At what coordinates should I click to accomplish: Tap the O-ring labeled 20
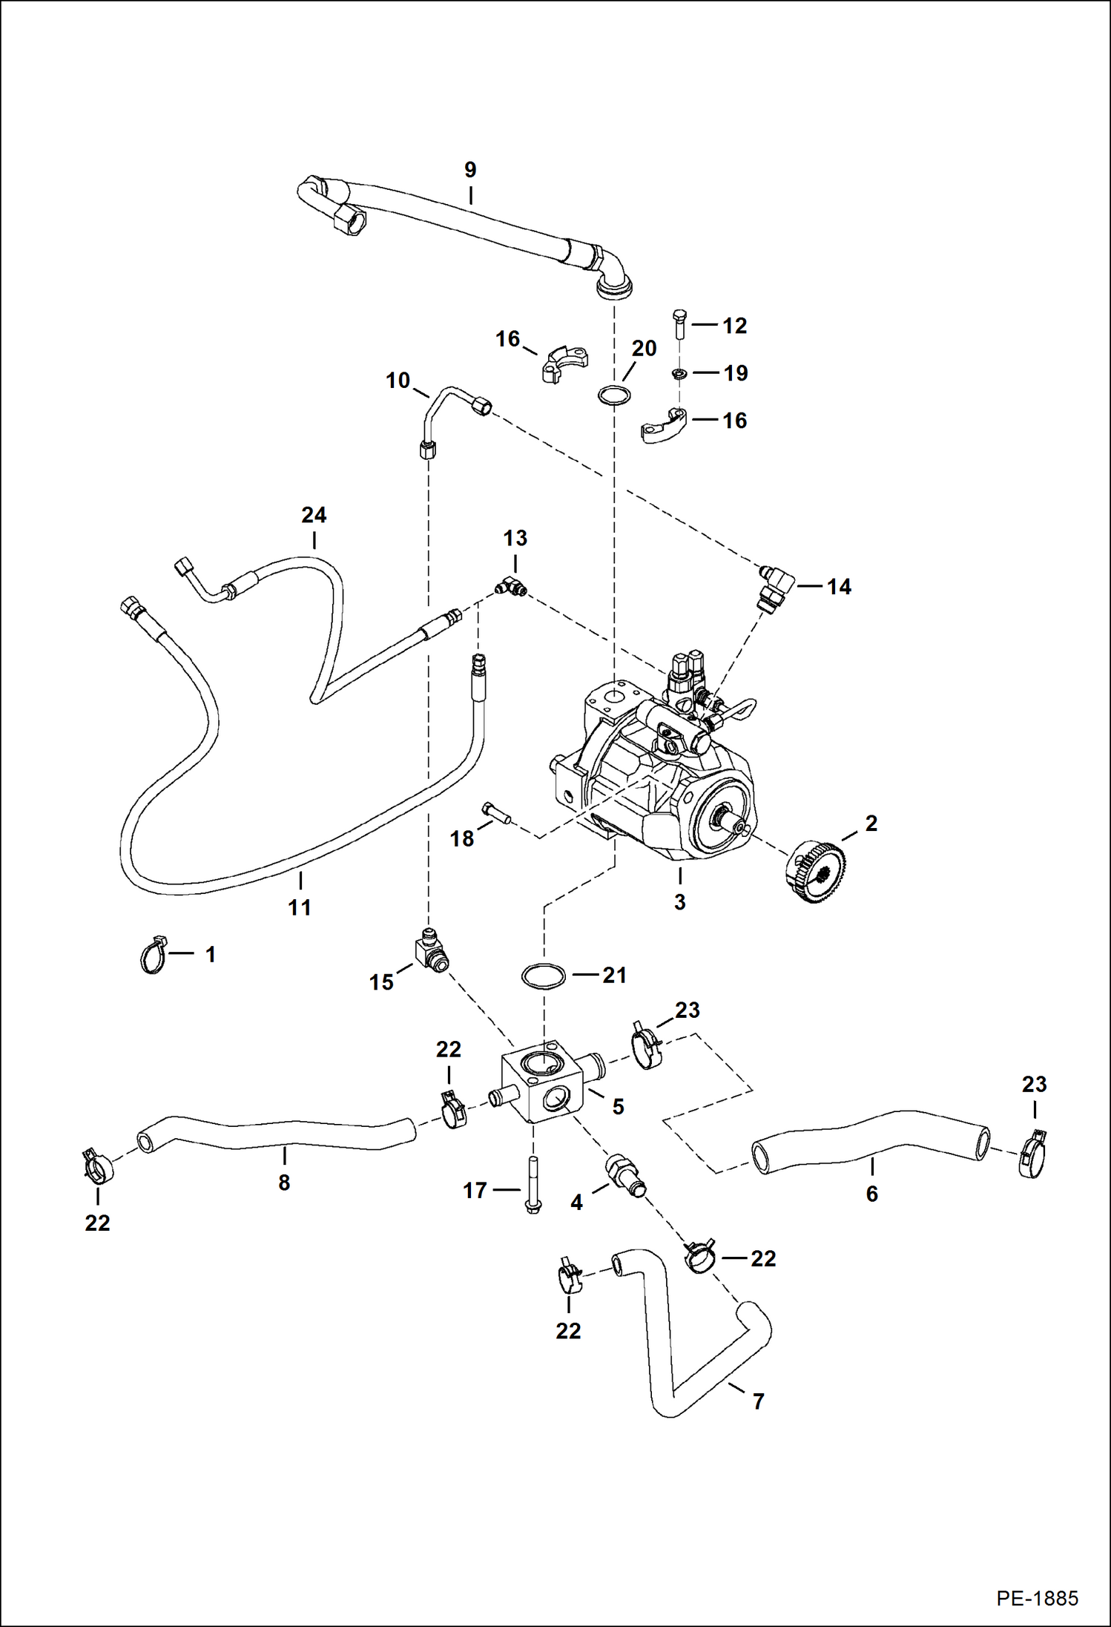(x=614, y=395)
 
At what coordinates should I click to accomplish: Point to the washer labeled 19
(x=679, y=373)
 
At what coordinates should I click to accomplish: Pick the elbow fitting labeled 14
(x=776, y=585)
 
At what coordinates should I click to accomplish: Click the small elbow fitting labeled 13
(x=511, y=588)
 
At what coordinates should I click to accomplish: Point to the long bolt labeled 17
(x=532, y=1183)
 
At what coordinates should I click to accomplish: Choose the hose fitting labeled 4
(x=625, y=1174)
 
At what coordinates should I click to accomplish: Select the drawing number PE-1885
(x=1037, y=1598)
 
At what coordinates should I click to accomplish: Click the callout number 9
(x=470, y=170)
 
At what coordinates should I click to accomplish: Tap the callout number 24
(x=314, y=515)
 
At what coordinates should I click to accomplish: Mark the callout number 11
(x=299, y=907)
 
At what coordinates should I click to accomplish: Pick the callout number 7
(x=758, y=1401)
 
